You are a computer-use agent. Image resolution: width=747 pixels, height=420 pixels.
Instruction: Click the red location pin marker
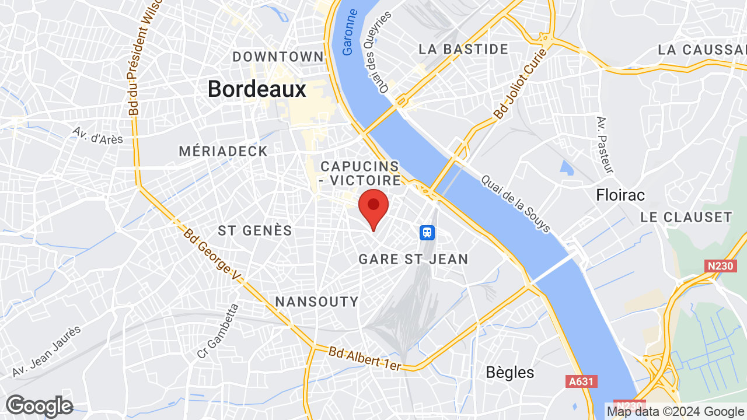point(373,207)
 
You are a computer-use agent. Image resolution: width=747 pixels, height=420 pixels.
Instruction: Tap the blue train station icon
point(428,233)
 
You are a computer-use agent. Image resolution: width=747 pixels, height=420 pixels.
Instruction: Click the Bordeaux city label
point(257,89)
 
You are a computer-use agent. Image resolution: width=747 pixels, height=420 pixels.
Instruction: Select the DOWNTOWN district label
point(278,57)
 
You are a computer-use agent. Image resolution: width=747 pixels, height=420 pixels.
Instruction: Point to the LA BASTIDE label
point(463,49)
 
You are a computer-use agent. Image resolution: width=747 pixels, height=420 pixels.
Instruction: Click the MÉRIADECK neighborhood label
point(223,152)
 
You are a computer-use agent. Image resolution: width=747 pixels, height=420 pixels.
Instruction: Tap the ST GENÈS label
point(255,231)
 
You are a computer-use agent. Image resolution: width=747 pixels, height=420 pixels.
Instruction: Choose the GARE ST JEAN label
point(413,259)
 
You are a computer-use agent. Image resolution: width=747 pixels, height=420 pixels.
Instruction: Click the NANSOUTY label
point(316,302)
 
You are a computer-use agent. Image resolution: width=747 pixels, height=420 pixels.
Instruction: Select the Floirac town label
point(620,195)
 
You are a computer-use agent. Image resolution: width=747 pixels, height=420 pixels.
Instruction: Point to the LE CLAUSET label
point(686,217)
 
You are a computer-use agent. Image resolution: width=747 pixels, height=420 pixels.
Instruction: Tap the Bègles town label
point(510,372)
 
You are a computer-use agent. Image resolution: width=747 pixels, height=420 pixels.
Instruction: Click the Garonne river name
point(350,40)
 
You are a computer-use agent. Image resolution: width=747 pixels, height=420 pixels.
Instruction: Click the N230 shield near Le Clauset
point(720,266)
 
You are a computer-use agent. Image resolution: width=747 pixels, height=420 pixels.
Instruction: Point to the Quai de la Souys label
point(515,204)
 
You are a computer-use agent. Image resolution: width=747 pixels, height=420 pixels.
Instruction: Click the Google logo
point(39,406)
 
